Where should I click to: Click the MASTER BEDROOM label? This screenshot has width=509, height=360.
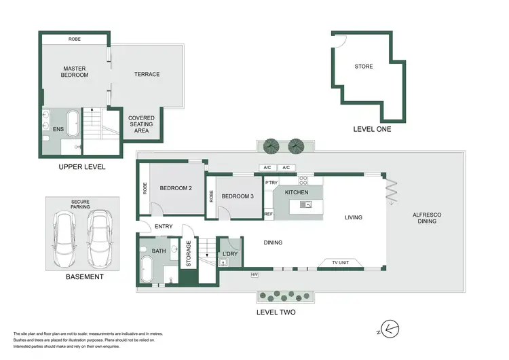75,71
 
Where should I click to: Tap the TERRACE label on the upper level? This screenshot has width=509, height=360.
147,74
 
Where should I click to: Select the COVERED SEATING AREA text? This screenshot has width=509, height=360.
141,124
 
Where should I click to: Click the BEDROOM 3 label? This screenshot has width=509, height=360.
238,196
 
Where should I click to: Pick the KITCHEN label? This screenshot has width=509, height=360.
297,192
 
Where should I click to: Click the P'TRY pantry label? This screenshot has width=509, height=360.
270,183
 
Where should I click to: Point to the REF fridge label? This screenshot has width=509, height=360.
269,214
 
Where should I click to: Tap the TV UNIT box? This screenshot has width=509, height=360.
341,263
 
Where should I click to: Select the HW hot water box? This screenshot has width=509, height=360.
254,274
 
